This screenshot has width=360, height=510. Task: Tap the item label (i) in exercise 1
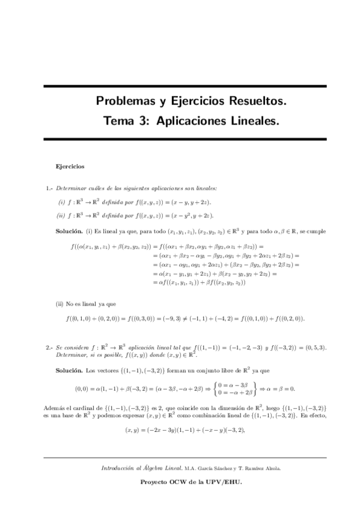coord(61,202)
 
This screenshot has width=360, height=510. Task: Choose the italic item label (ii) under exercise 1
coord(61,215)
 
